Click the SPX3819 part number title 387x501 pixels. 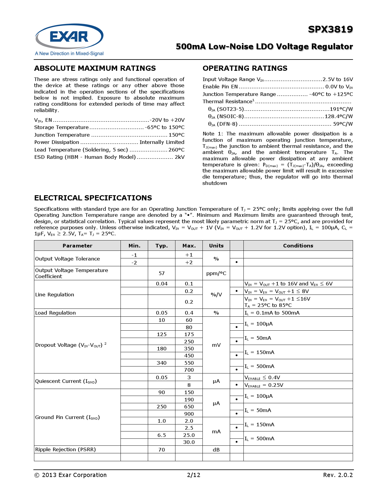pos(330,29)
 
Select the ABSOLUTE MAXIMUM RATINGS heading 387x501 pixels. pos(95,68)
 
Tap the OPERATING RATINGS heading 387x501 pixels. pos(245,68)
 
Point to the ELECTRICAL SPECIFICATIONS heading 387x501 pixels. pos(93,198)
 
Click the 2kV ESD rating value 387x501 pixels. pos(179,157)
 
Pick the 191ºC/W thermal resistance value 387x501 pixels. pos(341,109)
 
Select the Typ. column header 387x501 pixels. pos(161,246)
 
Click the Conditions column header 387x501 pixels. pos(298,246)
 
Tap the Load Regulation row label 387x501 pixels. pos(56,313)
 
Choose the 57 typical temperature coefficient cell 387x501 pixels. pos(161,273)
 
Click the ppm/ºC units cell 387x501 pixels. pos(216,273)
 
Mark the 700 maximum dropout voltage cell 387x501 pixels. pos(189,370)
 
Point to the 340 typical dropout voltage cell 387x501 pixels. pos(161,363)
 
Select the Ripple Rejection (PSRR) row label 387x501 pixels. pos(66,449)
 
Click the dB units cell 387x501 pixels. pos(216,450)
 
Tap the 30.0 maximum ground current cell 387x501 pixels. pos(189,442)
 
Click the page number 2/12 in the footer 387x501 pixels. pos(194,475)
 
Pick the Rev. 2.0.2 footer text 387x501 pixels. pos(338,475)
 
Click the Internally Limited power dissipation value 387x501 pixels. pos(162,142)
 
